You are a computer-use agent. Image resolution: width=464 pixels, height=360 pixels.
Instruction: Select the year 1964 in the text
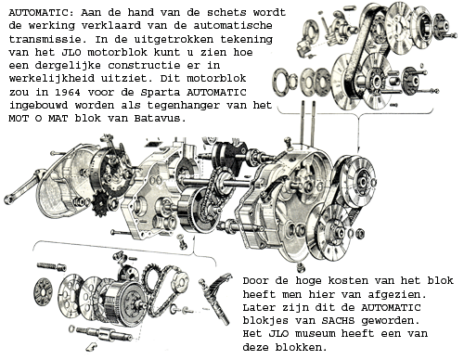68,92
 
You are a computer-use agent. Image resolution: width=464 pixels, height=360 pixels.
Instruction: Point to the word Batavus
161,119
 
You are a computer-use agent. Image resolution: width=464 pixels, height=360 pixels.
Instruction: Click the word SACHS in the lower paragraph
338,321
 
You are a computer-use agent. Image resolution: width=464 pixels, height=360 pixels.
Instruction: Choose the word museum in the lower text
316,334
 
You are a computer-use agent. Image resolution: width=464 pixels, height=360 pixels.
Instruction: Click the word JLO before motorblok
71,52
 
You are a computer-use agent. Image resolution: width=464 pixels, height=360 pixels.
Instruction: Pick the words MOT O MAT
38,119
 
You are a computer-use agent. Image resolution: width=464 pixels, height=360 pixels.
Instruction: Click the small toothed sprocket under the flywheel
99,203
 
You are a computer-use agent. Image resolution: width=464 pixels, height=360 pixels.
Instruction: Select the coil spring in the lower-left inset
51,266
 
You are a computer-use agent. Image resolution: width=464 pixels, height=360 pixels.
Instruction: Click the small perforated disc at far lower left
43,292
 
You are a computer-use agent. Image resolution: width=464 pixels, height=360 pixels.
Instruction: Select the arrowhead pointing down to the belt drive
358,149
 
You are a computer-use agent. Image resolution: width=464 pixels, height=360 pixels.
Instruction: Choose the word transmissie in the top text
45,39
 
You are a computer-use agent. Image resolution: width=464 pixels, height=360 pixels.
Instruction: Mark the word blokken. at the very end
301,347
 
